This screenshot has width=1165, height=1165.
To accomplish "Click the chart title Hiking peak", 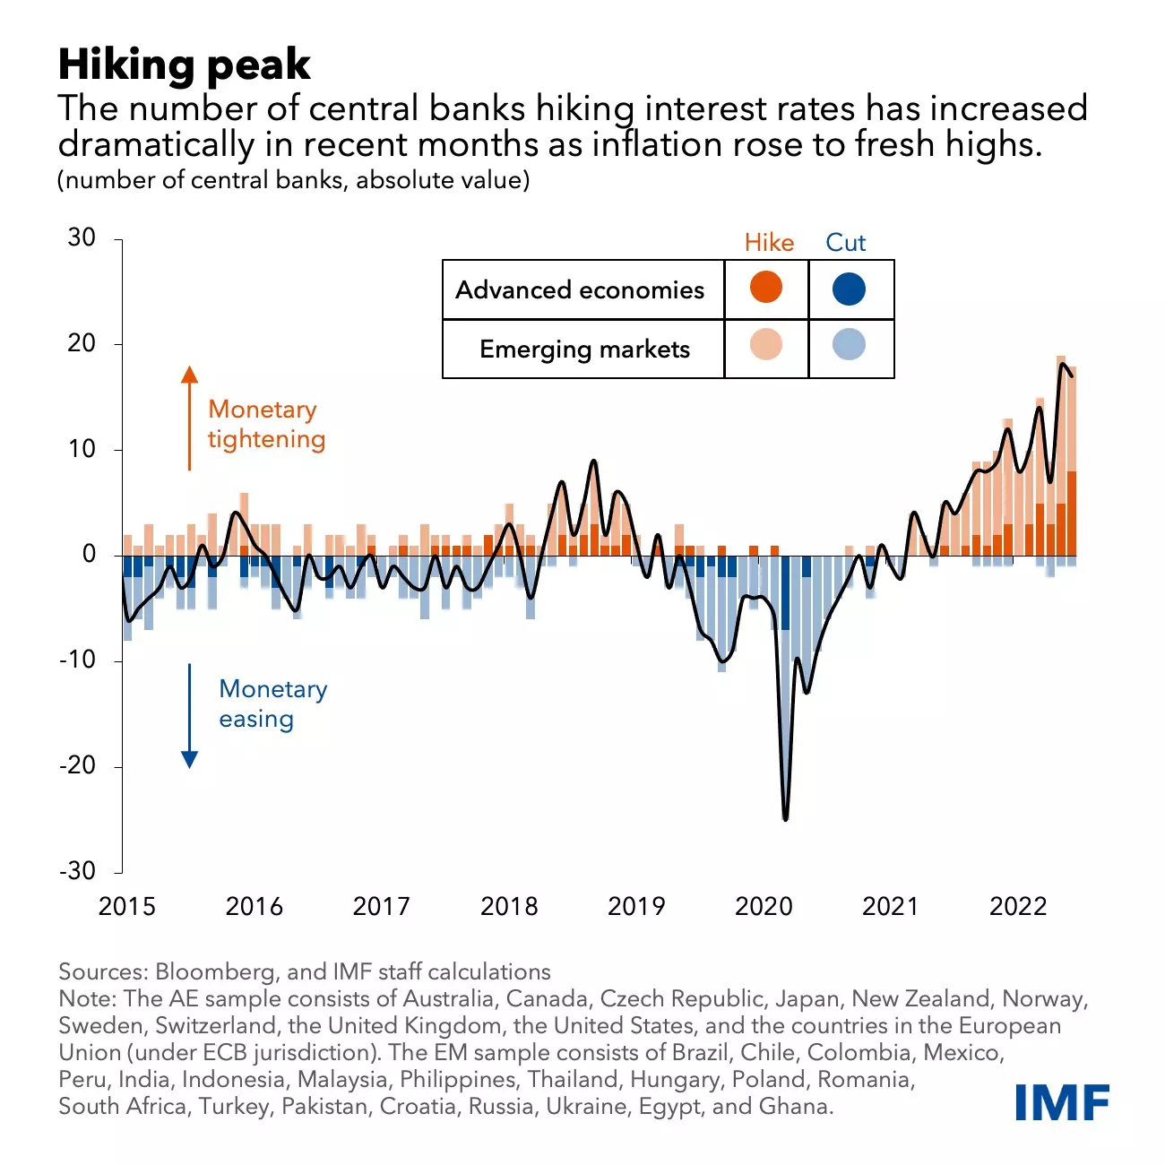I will (x=184, y=65).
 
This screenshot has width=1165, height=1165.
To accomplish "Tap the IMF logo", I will (x=1062, y=1101).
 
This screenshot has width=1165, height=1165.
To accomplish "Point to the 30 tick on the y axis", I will (x=82, y=237).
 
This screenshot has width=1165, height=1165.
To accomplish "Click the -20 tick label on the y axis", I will (x=77, y=765).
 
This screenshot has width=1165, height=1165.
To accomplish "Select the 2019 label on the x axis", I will (x=636, y=907).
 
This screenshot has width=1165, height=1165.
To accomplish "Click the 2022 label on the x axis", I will (x=1018, y=907).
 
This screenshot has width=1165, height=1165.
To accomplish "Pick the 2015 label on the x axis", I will (x=126, y=907).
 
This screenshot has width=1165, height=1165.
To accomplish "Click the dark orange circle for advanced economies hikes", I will (x=765, y=289).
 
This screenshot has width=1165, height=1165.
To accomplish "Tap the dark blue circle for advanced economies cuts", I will (x=849, y=289).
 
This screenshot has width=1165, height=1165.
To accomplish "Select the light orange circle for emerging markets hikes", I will (x=765, y=345).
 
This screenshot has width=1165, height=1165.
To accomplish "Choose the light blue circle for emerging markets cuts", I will (x=849, y=345).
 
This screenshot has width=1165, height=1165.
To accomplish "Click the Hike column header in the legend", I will (x=769, y=243).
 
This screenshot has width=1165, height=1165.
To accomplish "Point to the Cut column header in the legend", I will (x=845, y=243).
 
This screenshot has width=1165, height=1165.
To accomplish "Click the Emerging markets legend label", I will (x=584, y=349).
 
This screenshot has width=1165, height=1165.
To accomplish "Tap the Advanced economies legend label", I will (x=580, y=290).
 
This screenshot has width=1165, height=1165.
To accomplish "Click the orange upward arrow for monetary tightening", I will (x=189, y=416).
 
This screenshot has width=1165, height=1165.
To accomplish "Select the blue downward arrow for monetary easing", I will (x=189, y=717).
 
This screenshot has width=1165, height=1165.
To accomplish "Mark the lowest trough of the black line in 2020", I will (x=786, y=818).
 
